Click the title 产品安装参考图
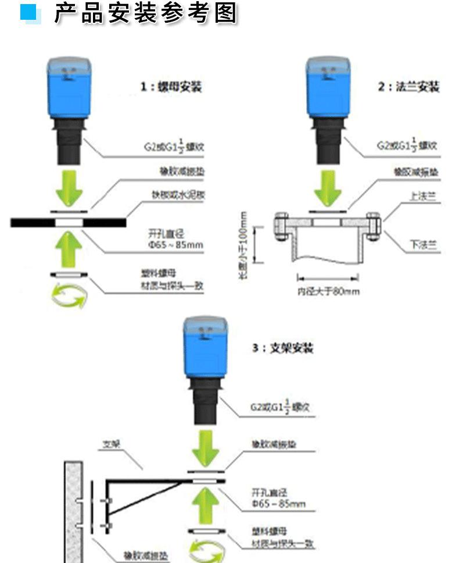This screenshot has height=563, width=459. click(146, 13)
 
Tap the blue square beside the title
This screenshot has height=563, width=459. click(30, 12)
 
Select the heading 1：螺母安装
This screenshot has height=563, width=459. click(171, 87)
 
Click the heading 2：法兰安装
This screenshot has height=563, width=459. click(408, 87)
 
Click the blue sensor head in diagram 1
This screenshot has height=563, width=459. click(70, 88)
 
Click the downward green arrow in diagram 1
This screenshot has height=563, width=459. click(70, 186)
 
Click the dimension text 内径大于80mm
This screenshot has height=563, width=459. click(328, 291)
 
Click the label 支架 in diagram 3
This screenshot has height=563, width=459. click(111, 443)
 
